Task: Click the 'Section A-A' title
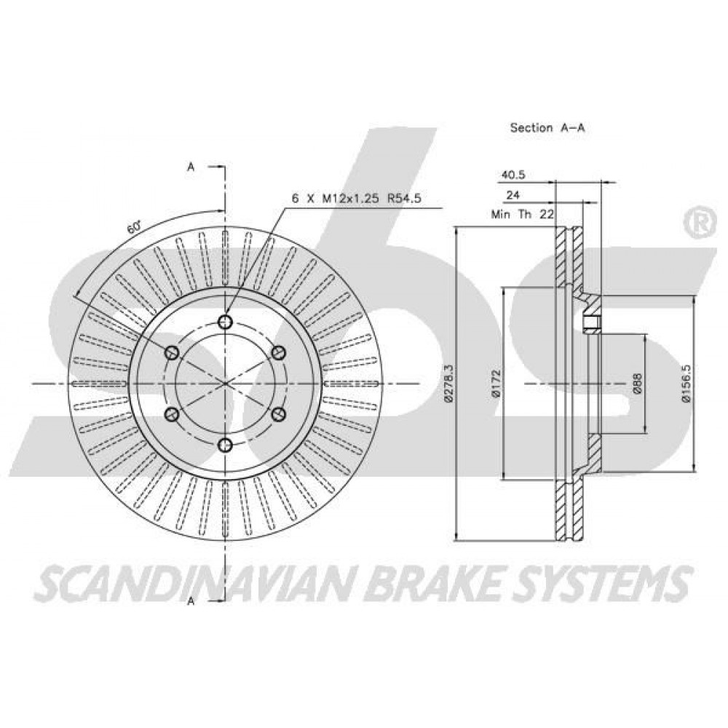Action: pyautogui.click(x=547, y=127)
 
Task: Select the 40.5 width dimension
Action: pyautogui.click(x=512, y=175)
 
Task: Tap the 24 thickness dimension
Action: pyautogui.click(x=513, y=195)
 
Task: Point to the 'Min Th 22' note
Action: pyautogui.click(x=523, y=215)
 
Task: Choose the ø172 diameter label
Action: pyautogui.click(x=496, y=384)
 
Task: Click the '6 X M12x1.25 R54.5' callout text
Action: pyautogui.click(x=356, y=199)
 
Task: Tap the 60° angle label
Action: pyautogui.click(x=134, y=227)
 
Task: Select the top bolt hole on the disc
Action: pyautogui.click(x=225, y=321)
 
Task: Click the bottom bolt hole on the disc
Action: pyautogui.click(x=225, y=446)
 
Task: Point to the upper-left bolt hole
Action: pyautogui.click(x=172, y=352)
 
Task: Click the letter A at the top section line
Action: pyautogui.click(x=190, y=167)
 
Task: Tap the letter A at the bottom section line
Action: pyautogui.click(x=190, y=601)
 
